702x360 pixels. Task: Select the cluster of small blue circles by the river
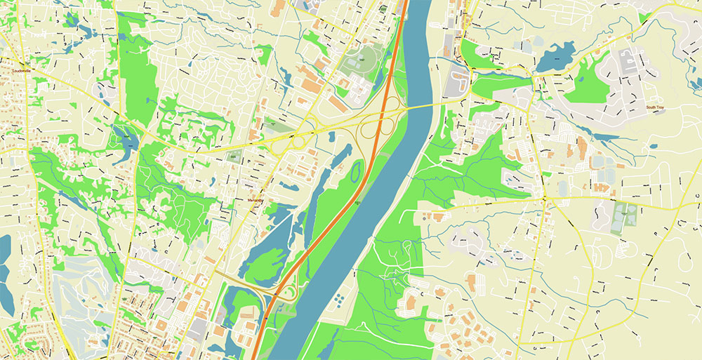point(339,300)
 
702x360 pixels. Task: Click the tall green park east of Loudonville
point(138,70)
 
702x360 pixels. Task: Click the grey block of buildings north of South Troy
point(625,67)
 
